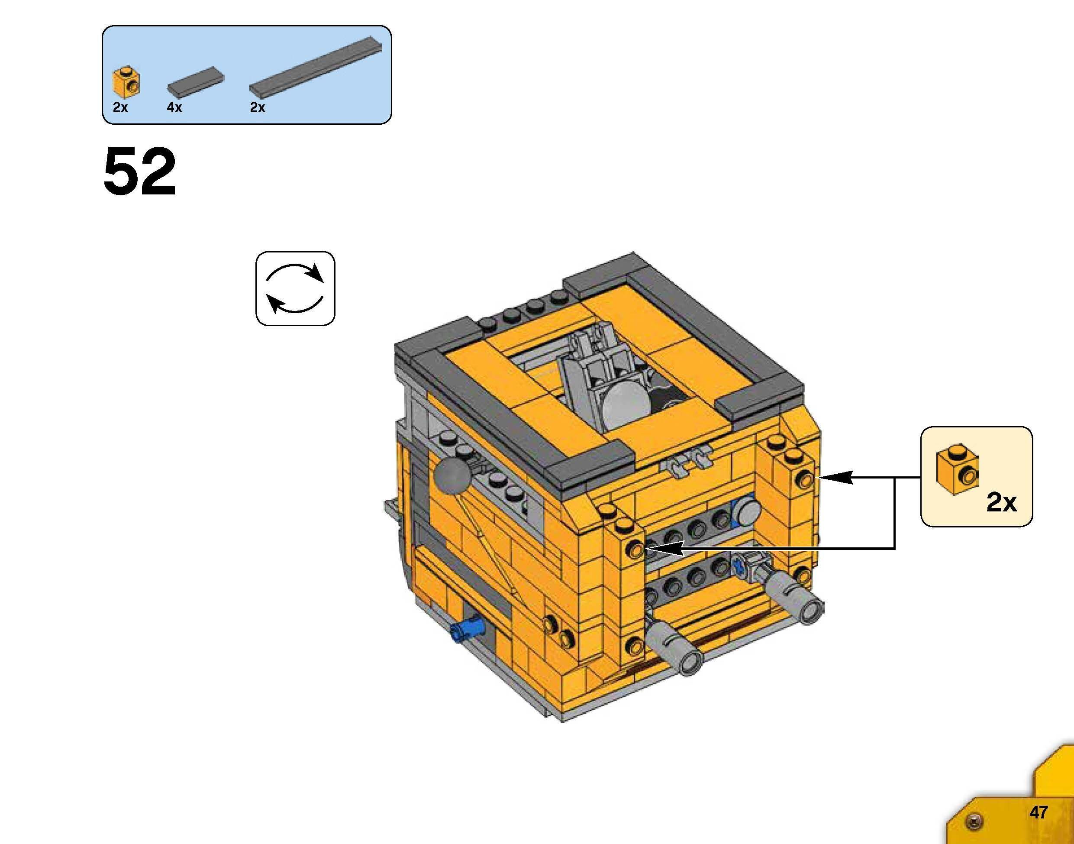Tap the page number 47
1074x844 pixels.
pyautogui.click(x=1039, y=812)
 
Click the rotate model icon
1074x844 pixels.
pyautogui.click(x=295, y=288)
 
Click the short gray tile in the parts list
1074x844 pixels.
pyautogui.click(x=196, y=81)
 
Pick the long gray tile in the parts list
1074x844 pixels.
pyautogui.click(x=315, y=66)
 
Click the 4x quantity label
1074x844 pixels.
pyautogui.click(x=174, y=107)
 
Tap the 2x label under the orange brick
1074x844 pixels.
pyautogui.click(x=120, y=107)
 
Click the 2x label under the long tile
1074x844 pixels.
pyautogui.click(x=258, y=107)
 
